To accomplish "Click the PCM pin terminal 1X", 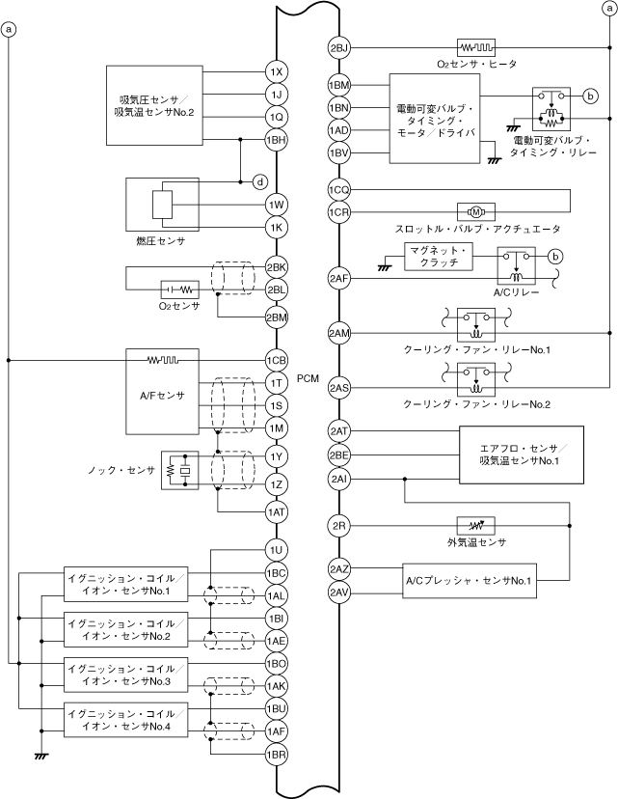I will [277, 72].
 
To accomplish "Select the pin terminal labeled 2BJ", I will [338, 47].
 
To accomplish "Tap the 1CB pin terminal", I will [277, 361].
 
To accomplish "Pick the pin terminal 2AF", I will [338, 279].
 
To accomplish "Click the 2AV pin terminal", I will [338, 592].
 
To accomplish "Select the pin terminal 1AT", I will [277, 511].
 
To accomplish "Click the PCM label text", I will [308, 379].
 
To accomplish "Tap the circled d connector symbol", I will [258, 181].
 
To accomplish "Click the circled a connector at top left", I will [10, 30].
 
